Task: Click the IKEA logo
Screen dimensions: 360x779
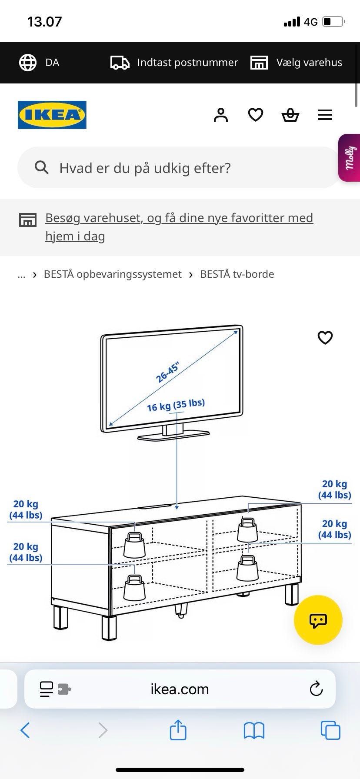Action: point(52,115)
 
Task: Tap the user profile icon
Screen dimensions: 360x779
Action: point(221,115)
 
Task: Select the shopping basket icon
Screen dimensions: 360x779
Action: point(290,115)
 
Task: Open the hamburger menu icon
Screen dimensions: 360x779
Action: point(325,115)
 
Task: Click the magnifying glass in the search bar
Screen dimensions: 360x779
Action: point(41,167)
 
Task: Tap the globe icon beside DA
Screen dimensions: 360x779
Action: point(28,63)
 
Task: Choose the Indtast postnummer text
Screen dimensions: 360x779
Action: point(187,63)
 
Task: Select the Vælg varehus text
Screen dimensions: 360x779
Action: point(309,63)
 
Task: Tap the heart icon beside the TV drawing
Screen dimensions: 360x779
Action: point(325,338)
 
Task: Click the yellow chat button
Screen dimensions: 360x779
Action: point(318,620)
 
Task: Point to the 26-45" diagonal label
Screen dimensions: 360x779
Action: point(168,373)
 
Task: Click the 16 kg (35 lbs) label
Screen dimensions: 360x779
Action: point(176,405)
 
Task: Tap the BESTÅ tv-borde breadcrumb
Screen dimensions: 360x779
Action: point(237,274)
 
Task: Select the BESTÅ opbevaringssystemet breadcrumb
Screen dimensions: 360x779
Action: point(113,274)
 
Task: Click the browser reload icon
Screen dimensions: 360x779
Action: point(316,689)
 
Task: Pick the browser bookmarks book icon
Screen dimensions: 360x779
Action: point(254,730)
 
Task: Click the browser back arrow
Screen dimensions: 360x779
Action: point(25,730)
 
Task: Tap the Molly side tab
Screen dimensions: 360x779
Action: point(349,157)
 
